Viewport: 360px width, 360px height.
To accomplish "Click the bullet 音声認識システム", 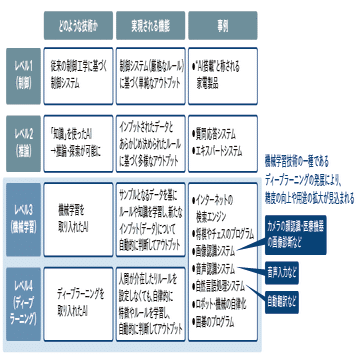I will [x=219, y=270].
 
